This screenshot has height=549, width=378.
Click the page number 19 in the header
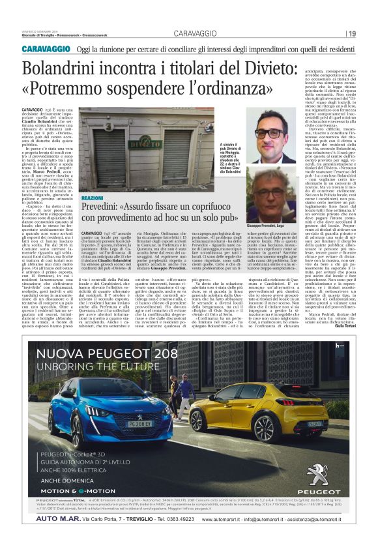point(352,34)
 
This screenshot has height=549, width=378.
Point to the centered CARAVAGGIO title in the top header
point(188,34)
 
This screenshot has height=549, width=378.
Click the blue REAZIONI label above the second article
point(92,197)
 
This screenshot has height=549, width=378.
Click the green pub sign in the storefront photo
point(144,144)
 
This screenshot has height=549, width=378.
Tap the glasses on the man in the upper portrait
point(287,132)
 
